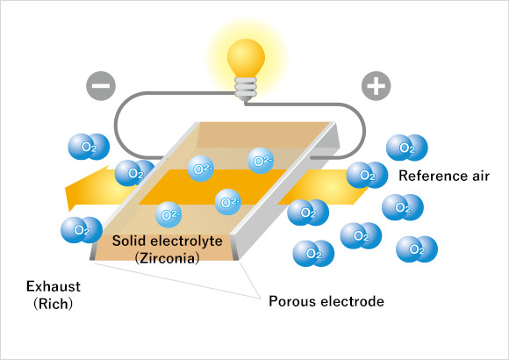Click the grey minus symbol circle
coord(101,86)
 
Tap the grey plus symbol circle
coord(376,86)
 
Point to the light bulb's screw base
coord(246,89)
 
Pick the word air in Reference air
coord(479,176)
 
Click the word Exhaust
coord(54,286)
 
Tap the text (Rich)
coord(54,304)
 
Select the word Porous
coord(292,301)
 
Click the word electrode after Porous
coord(353,301)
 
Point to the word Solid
coord(128,241)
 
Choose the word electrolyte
coord(186,241)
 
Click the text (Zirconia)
coord(167,258)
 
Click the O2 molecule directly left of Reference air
coord(367,175)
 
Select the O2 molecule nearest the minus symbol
coord(89,147)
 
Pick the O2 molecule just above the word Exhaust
coord(82,230)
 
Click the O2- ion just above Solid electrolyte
coord(168,214)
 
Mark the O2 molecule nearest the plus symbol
coord(406,148)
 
